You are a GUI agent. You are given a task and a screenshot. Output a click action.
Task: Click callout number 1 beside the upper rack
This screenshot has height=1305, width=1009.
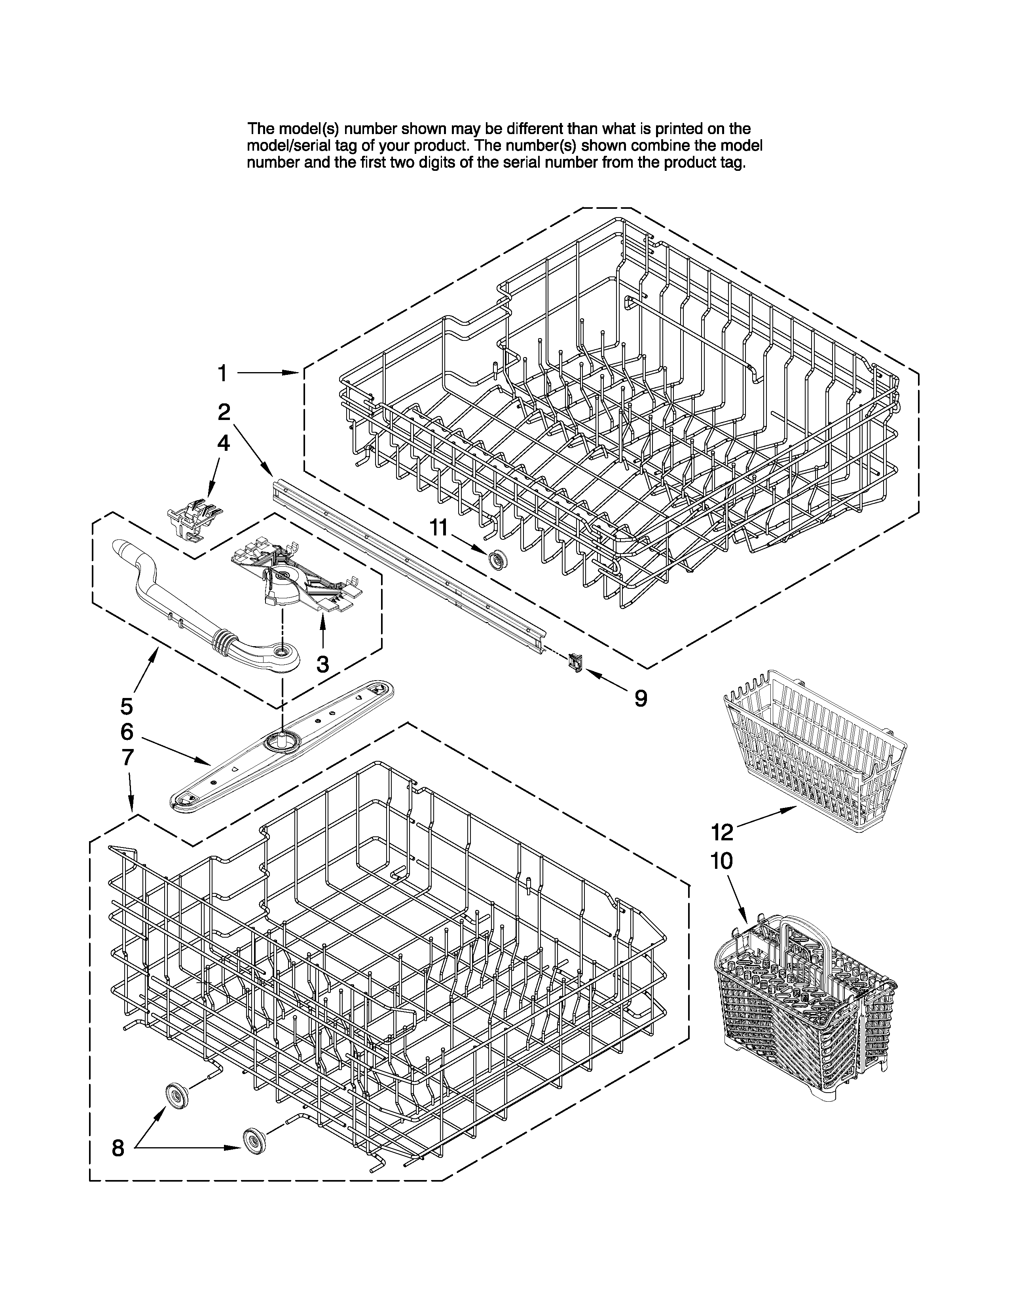coord(222,373)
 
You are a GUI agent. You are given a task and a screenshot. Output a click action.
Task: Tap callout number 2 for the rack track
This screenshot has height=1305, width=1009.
coord(224,412)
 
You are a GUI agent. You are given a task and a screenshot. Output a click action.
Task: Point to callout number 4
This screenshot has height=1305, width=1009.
coord(222,443)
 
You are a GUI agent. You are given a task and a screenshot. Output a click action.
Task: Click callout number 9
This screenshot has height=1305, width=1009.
coord(640,698)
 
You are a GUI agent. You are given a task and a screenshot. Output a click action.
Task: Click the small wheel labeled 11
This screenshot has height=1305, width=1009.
coord(495,560)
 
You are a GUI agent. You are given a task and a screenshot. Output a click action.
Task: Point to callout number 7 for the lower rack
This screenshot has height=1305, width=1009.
coord(127,757)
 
